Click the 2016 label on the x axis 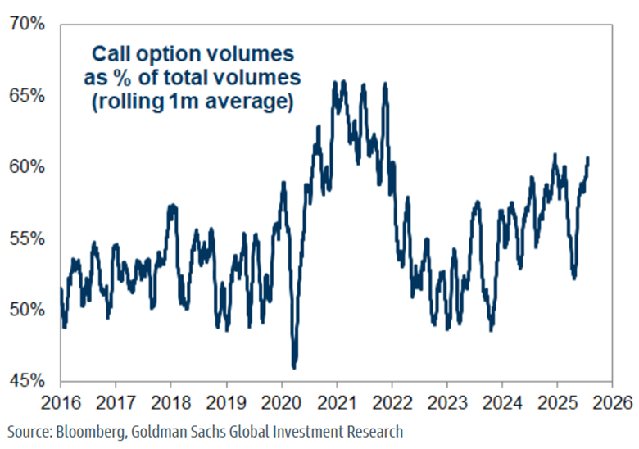60,404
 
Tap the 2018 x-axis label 170,404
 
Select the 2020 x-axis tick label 281,404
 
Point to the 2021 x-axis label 337,404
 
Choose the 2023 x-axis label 447,404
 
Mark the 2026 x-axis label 613,404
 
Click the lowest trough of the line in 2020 294,367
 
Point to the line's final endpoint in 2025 587,157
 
